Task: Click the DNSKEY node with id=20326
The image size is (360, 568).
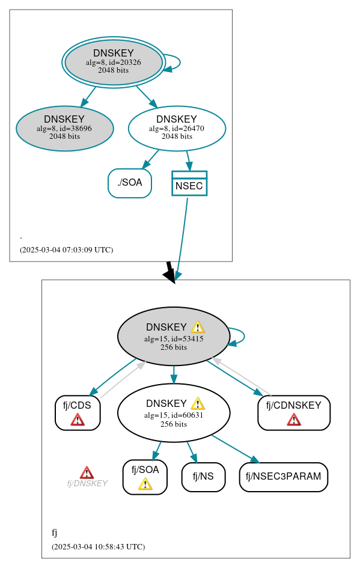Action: (x=113, y=62)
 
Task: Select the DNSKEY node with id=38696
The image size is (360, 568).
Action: (x=64, y=128)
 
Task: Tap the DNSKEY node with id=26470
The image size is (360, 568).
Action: (x=177, y=128)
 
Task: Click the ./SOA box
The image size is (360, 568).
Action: (x=130, y=183)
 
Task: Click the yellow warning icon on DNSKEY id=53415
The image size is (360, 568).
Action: (x=198, y=327)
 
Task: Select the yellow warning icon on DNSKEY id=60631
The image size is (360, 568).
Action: (x=198, y=403)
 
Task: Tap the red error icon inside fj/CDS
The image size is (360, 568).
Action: (x=78, y=419)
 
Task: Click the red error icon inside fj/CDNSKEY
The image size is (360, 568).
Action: (x=294, y=419)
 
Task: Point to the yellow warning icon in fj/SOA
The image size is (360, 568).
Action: (x=145, y=483)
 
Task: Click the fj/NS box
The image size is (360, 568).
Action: (x=203, y=477)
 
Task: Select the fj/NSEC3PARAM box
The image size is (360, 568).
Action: (x=283, y=477)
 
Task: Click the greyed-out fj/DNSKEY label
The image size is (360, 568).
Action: (x=87, y=483)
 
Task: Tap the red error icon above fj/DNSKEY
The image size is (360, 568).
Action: (x=87, y=472)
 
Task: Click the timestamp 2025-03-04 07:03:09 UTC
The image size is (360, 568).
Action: (x=66, y=249)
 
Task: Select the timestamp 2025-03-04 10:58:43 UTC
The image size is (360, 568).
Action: (x=98, y=546)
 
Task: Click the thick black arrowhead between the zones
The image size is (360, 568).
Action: (x=170, y=275)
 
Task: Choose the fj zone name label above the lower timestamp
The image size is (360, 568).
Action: (x=54, y=533)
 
